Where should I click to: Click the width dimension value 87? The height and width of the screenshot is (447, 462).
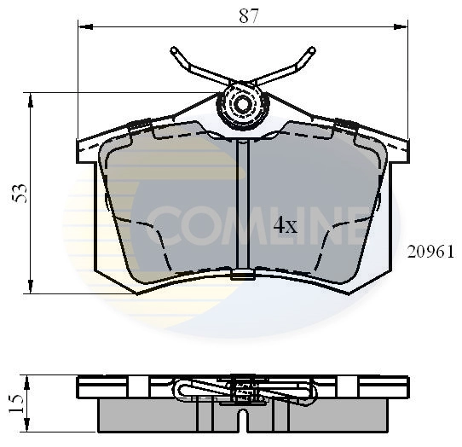248,15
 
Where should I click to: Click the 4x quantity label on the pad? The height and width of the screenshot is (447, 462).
284,226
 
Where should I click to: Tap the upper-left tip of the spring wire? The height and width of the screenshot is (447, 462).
174,50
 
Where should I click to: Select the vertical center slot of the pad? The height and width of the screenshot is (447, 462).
242,205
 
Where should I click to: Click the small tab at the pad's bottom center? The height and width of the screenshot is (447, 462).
242,275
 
